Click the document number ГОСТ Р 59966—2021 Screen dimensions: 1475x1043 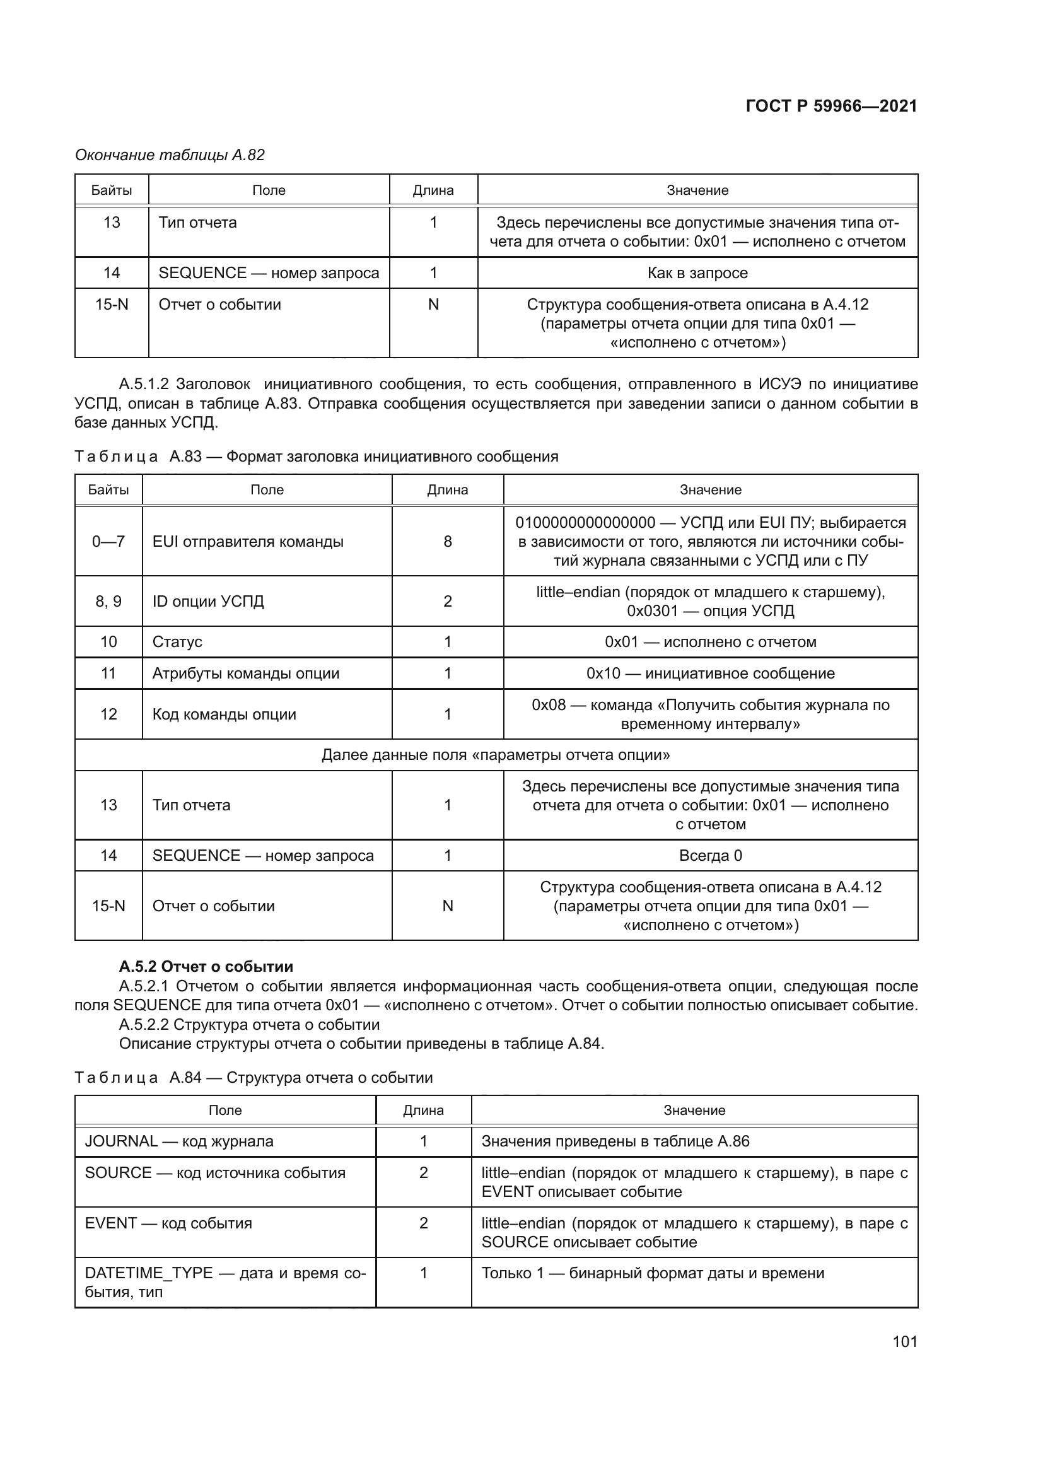831,106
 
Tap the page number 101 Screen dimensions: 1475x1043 904,1341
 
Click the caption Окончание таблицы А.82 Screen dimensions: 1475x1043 170,155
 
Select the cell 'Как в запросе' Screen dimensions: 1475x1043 697,273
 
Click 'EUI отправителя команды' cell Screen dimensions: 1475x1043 248,542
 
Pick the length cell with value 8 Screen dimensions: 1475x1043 448,542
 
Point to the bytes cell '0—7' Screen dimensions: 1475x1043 108,542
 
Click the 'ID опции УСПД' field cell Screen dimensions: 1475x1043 208,602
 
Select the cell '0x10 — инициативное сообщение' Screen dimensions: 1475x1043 710,673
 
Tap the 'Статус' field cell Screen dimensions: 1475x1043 177,642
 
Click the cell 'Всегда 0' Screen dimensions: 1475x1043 710,856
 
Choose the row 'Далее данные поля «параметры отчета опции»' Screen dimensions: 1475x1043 496,755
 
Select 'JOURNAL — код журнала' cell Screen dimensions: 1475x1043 179,1141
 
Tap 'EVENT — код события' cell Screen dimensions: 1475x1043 168,1223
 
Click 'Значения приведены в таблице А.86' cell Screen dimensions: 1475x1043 615,1141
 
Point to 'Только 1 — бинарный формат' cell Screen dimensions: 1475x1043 653,1273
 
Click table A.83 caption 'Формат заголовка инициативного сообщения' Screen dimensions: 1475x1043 392,457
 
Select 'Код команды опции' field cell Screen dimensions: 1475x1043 224,714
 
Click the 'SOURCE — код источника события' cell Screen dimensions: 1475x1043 215,1173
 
